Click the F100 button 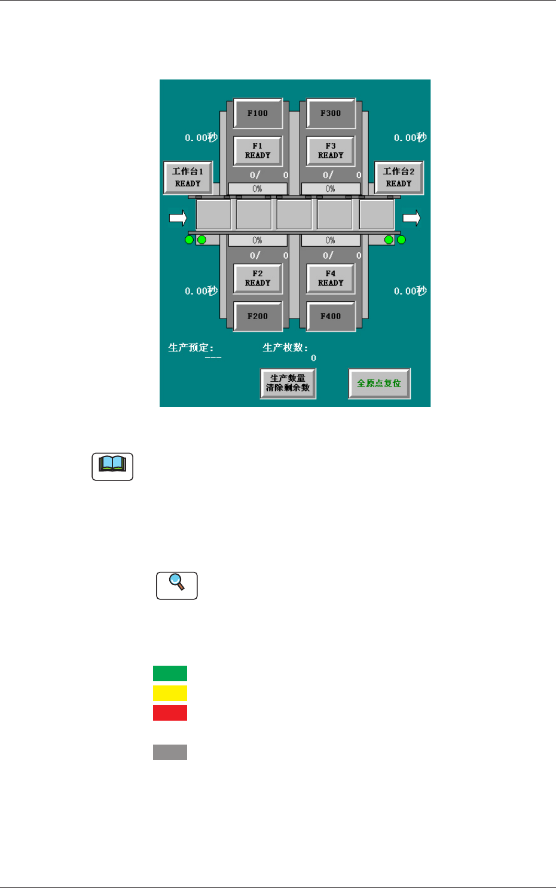258,113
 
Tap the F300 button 331,113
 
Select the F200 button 258,316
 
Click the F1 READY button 258,151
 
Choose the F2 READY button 258,278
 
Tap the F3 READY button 331,151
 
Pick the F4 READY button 331,278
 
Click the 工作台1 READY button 188,177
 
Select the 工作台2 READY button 399,177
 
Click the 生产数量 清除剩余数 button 288,383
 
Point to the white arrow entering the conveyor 178,218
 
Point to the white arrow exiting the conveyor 411,218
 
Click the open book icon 112,466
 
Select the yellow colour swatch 170,693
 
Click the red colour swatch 170,713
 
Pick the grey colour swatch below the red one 170,752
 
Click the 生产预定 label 191,348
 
